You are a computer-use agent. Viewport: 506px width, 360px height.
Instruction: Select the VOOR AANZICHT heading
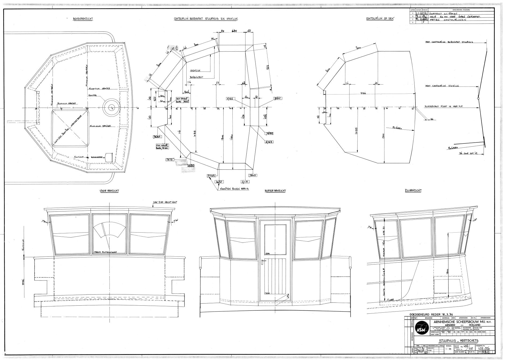coord(109,191)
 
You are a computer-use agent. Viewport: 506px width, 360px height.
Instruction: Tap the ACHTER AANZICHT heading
coord(275,191)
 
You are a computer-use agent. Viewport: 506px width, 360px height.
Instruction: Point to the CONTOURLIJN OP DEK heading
coord(381,18)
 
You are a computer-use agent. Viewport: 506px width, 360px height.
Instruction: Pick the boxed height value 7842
coord(277,98)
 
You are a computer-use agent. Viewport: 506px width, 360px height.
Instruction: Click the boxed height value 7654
coord(157,137)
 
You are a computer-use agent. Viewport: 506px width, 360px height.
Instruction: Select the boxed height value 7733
coord(211,176)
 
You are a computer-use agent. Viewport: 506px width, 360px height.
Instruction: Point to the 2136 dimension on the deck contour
coord(363,93)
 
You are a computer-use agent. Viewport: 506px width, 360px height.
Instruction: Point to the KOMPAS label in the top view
coord(93,96)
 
